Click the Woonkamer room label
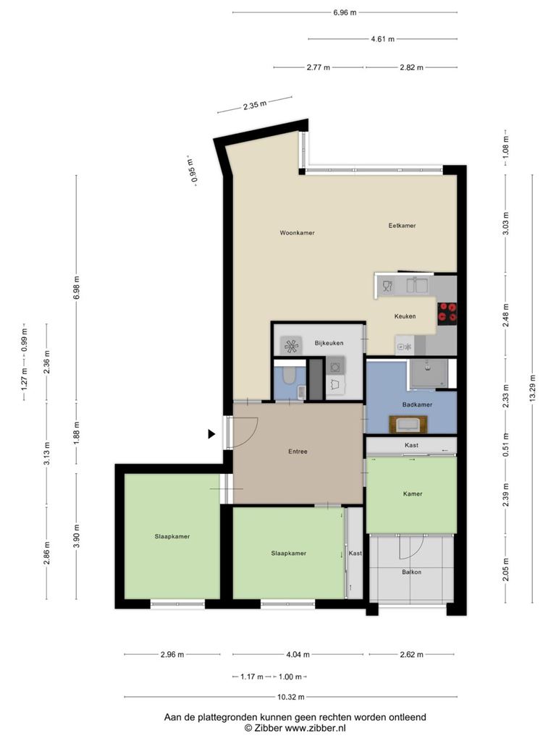[297, 233]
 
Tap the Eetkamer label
[402, 226]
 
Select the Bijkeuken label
[329, 343]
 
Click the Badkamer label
[417, 405]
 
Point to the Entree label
[298, 452]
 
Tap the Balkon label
[411, 572]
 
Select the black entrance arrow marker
[212, 434]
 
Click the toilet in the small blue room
[288, 376]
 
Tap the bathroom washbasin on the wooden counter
[408, 424]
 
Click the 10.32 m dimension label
[291, 697]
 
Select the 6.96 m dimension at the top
[345, 13]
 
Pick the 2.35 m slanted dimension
[255, 105]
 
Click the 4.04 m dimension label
[298, 654]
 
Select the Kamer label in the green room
[412, 494]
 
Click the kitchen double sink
[417, 285]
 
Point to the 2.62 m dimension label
[411, 654]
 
